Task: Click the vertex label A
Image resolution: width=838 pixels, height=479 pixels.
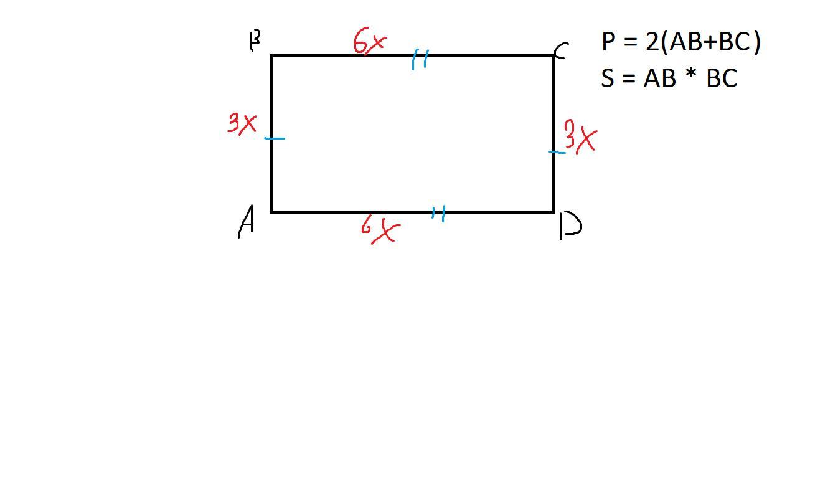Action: (x=247, y=222)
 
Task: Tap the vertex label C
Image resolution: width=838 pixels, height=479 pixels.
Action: (x=560, y=51)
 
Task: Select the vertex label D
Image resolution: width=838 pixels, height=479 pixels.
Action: (x=570, y=225)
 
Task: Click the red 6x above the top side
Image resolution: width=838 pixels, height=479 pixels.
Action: (x=370, y=42)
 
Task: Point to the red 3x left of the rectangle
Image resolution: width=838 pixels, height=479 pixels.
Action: (x=242, y=123)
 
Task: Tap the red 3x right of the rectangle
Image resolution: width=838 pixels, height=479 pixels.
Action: (x=580, y=138)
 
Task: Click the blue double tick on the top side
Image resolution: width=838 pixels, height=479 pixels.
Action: (x=420, y=60)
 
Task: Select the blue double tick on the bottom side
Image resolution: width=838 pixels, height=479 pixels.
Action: (x=438, y=214)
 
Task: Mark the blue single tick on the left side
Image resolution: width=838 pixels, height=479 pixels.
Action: (x=275, y=138)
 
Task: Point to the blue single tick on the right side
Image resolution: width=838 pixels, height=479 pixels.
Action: (x=557, y=151)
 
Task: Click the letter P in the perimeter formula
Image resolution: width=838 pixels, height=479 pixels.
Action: (x=608, y=42)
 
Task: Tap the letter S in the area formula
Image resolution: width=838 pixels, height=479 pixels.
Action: (x=608, y=78)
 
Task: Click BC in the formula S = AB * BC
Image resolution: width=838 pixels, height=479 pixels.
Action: (x=722, y=78)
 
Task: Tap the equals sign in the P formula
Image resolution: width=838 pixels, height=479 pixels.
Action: (x=630, y=43)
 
